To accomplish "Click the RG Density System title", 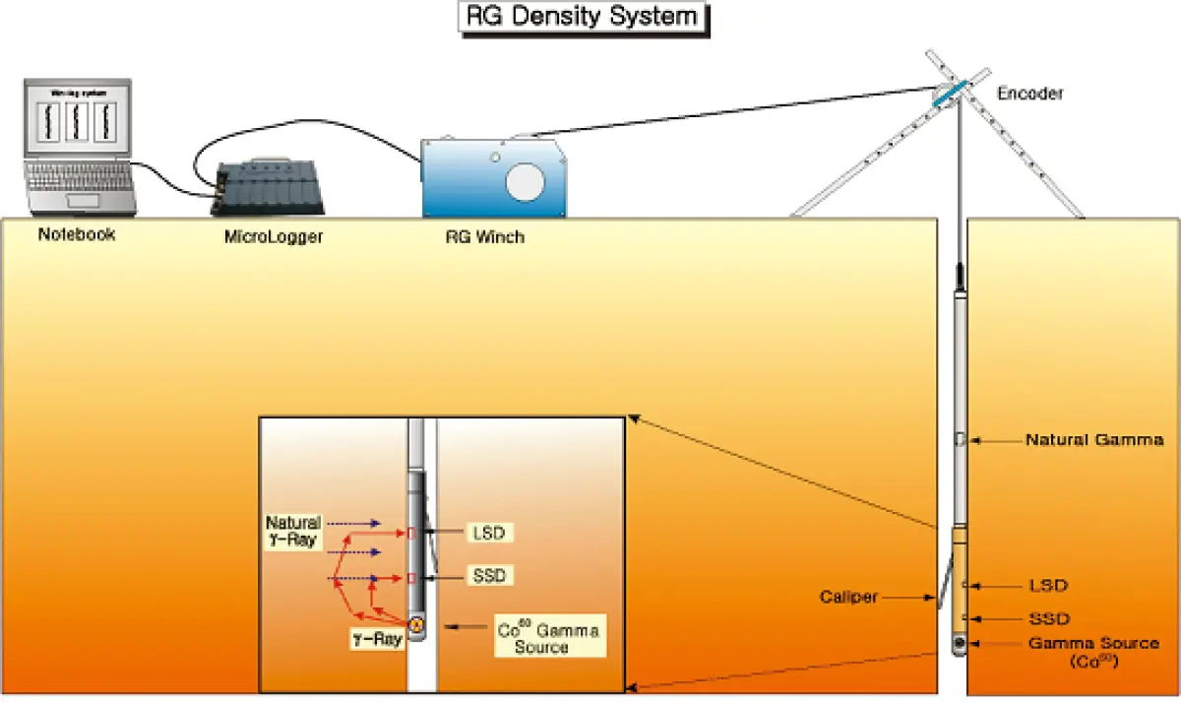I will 584,18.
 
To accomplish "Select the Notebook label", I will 77,235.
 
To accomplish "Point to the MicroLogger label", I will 274,236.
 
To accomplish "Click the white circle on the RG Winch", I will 524,180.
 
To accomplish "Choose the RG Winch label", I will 484,236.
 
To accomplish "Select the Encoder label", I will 1030,94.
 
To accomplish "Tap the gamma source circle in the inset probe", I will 416,624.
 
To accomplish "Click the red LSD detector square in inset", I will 411,533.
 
